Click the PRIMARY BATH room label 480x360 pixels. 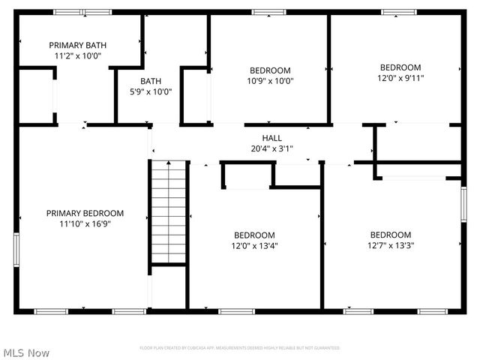point(77,45)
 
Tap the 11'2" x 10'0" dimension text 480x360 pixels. point(77,55)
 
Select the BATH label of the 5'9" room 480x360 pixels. point(151,81)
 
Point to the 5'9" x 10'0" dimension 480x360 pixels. point(151,91)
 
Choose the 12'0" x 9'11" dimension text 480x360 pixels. point(400,77)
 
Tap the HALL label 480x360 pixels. point(271,138)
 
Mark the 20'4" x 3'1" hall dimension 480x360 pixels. point(271,148)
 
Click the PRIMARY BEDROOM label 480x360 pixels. point(84,213)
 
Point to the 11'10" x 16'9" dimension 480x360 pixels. point(84,223)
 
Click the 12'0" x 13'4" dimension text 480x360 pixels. point(254,245)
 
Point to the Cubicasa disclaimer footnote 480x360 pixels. point(240,348)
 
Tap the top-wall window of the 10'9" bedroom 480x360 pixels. point(263,12)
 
